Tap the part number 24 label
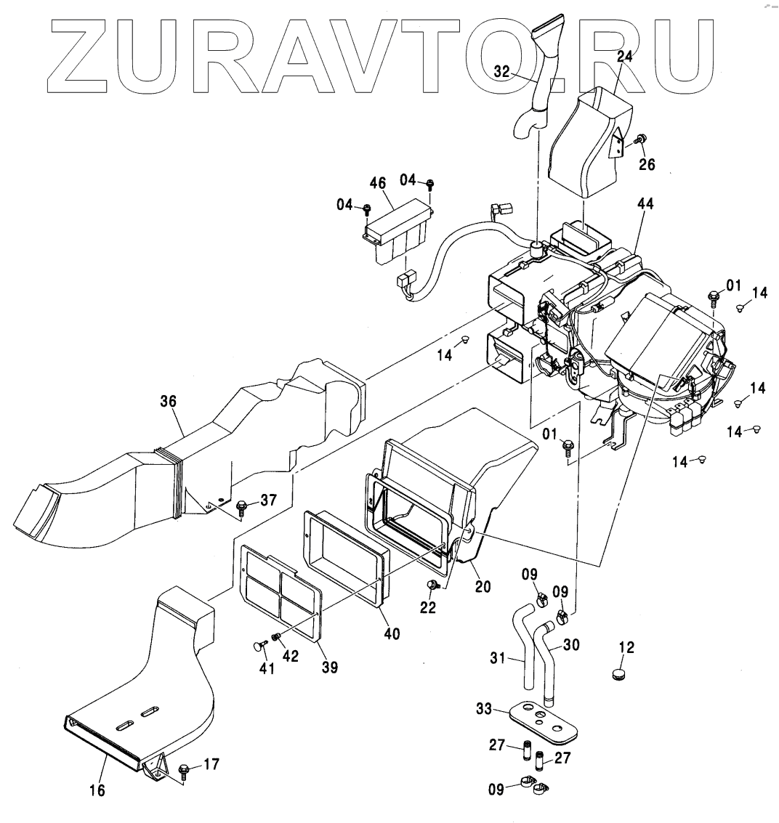coord(626,56)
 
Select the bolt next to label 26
coord(641,139)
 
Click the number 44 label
coord(645,205)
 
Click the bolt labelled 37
coord(241,505)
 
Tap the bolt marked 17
coord(184,767)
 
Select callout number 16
coord(97,790)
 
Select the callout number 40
coord(392,634)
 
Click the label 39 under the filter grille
coord(330,667)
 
